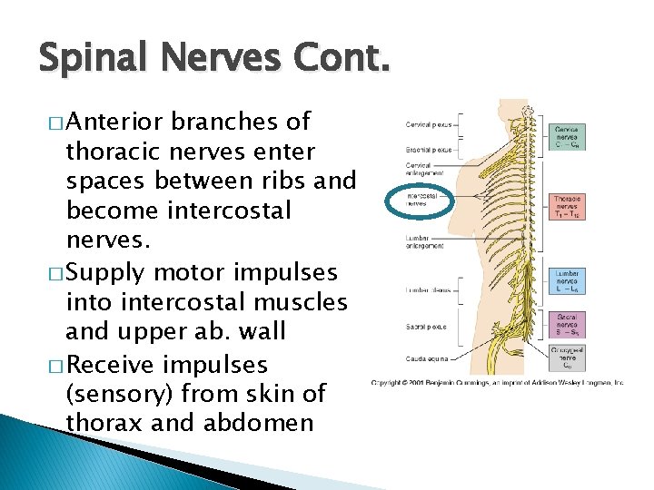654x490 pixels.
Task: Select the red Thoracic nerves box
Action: point(568,205)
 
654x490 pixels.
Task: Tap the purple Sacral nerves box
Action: point(568,324)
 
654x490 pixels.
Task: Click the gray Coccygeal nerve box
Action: point(568,356)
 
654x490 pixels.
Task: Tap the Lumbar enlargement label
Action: point(426,242)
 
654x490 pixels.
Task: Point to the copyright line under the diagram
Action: point(497,383)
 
